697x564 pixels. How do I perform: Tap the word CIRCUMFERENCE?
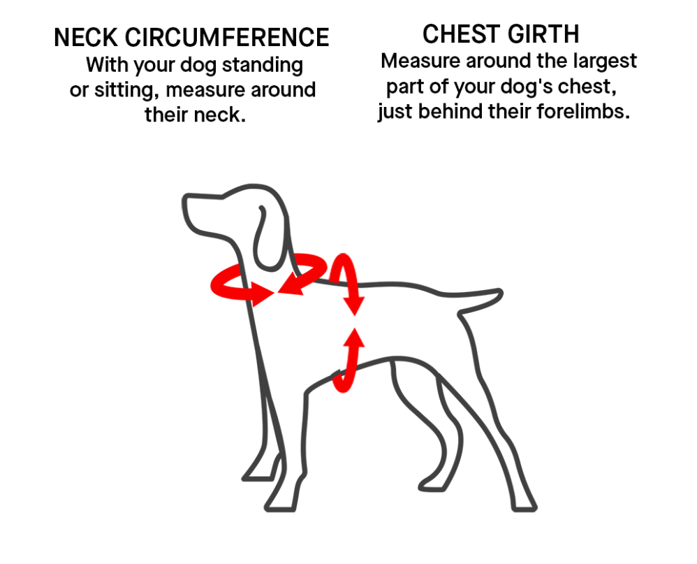click(226, 38)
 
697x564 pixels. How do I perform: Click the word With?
click(107, 65)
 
